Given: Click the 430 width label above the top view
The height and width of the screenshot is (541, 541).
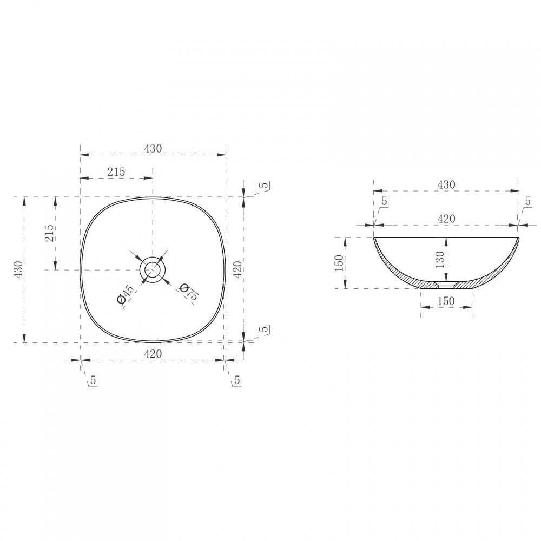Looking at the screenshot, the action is (153, 148).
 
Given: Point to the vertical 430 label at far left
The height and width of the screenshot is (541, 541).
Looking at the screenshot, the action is (18, 269).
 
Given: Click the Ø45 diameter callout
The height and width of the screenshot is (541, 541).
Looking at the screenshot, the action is (125, 295).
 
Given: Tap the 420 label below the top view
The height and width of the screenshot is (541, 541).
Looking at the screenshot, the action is (153, 353).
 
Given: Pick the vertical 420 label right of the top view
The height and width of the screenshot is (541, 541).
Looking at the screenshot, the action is (237, 269).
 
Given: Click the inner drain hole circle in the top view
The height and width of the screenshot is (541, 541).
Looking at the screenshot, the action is (153, 269).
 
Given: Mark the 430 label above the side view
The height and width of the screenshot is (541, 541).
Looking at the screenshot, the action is (446, 184).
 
